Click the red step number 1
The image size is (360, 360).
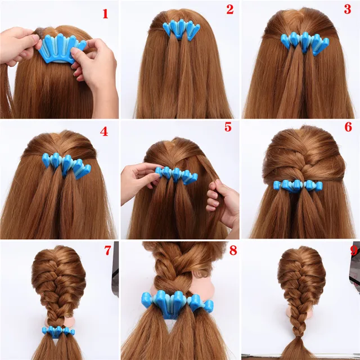tap(105, 13)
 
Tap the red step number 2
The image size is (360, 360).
tap(229, 10)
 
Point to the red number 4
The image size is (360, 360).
tap(104, 132)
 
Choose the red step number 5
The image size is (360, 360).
tap(227, 127)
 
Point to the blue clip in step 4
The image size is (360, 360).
tap(67, 164)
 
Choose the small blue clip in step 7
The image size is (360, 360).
tap(57, 330)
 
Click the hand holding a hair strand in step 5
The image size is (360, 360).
tap(223, 200)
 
